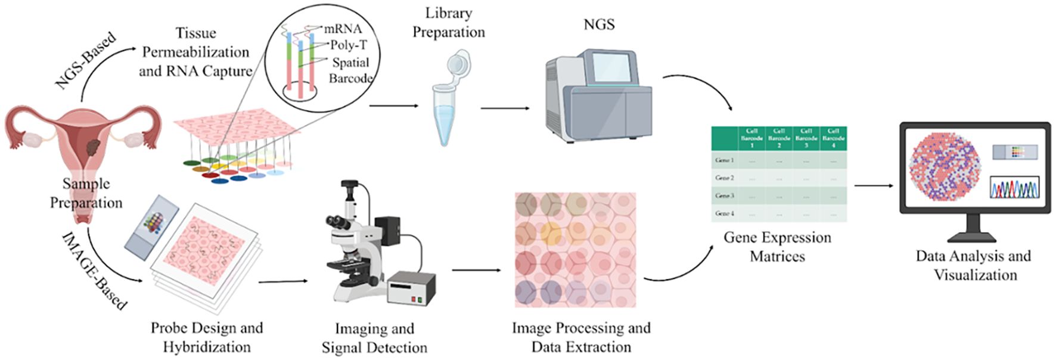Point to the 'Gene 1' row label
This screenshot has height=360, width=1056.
724,160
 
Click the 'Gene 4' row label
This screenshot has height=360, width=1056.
724,213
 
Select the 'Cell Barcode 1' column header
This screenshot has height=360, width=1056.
751,138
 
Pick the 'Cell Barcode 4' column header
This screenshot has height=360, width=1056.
833,138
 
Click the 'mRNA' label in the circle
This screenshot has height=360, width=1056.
343,29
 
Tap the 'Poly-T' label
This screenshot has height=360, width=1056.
349,45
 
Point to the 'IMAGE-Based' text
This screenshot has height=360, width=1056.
94,272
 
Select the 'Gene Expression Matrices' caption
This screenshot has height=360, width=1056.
777,247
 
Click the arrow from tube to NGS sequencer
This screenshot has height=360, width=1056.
505,108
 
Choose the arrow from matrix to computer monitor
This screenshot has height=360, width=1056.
874,185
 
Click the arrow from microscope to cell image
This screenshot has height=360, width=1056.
476,270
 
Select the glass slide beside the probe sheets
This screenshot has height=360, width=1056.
151,224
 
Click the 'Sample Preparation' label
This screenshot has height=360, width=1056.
86,193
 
